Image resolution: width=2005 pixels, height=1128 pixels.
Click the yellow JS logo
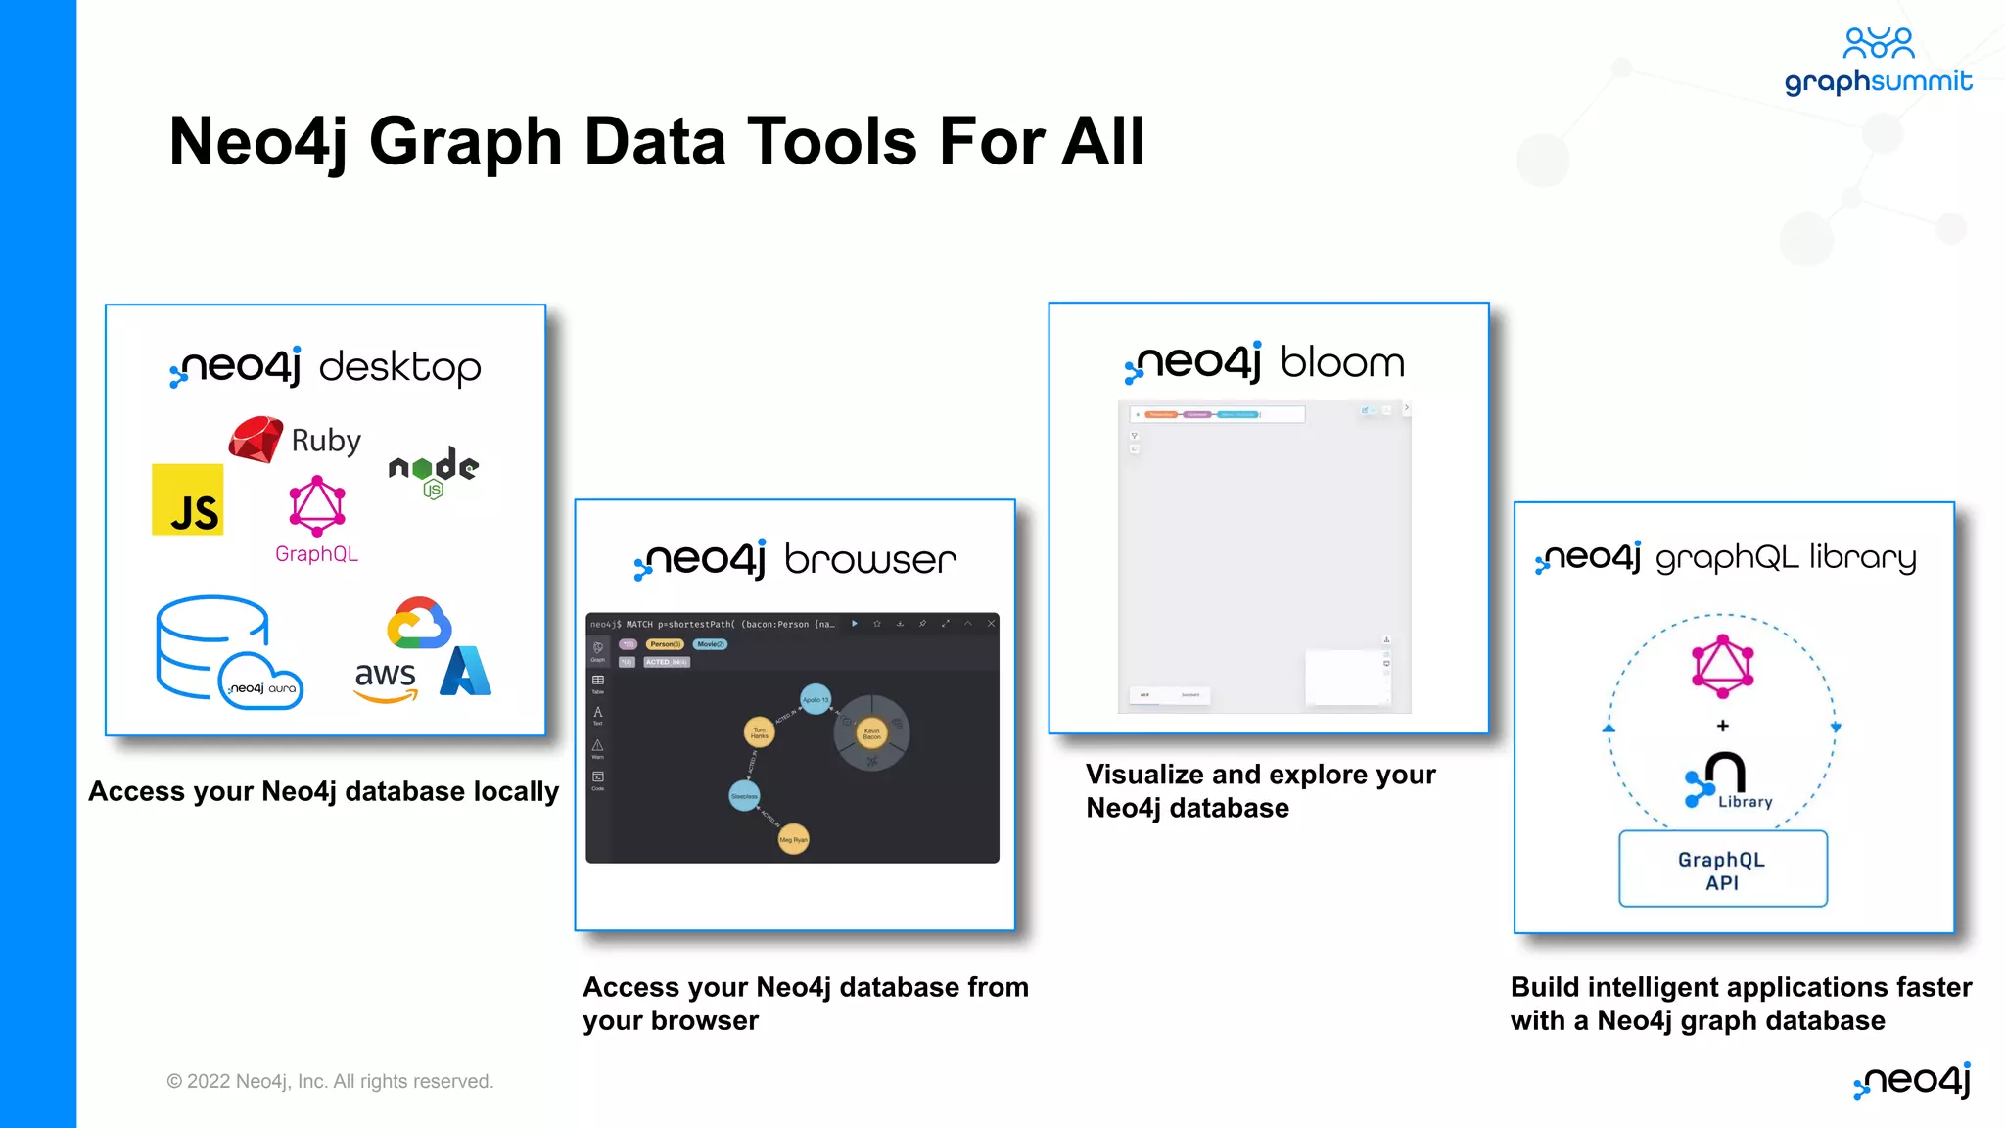tap(188, 499)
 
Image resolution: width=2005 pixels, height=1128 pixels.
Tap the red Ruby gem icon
tap(256, 440)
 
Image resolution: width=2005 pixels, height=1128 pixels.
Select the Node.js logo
tap(433, 471)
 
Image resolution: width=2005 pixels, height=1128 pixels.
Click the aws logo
tap(386, 680)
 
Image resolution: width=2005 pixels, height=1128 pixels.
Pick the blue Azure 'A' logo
tap(466, 672)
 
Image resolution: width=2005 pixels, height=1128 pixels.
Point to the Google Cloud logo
tap(419, 624)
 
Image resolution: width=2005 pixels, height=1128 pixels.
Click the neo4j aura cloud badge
tap(261, 682)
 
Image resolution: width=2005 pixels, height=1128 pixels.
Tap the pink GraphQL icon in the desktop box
tap(316, 506)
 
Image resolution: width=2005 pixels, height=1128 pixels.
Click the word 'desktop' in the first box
tap(399, 368)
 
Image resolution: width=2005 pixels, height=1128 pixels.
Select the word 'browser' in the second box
tap(869, 560)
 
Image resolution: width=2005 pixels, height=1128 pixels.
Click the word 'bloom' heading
tap(1342, 363)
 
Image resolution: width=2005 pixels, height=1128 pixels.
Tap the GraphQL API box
tap(1722, 869)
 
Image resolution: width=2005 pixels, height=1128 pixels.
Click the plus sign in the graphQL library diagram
tap(1723, 726)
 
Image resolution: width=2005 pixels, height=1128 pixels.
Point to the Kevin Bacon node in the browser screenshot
tap(871, 732)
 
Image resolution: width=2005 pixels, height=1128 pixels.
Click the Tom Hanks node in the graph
tap(759, 731)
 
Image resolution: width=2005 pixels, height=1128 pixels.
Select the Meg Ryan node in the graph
tap(793, 839)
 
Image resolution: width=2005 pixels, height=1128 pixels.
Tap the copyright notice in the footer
tap(330, 1081)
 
